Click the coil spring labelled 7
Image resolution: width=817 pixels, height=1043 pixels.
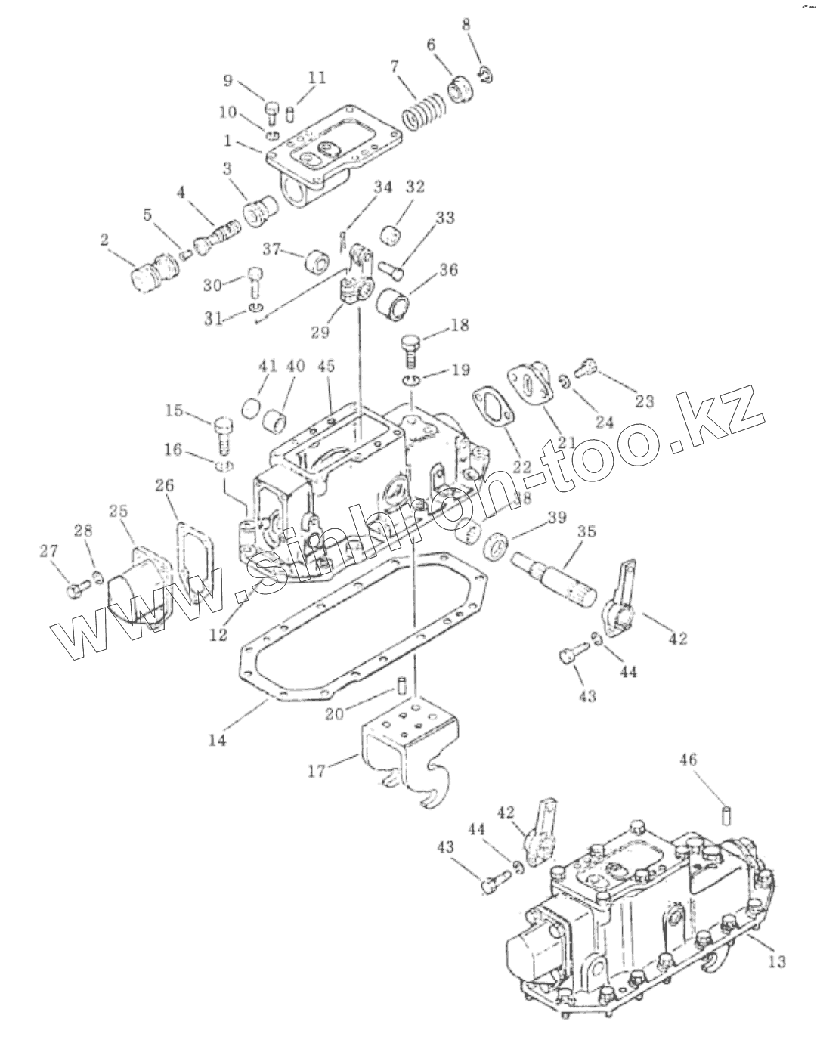click(421, 113)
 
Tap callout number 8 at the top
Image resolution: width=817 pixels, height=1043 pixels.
click(466, 24)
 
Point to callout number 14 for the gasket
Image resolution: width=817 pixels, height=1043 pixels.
click(218, 741)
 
